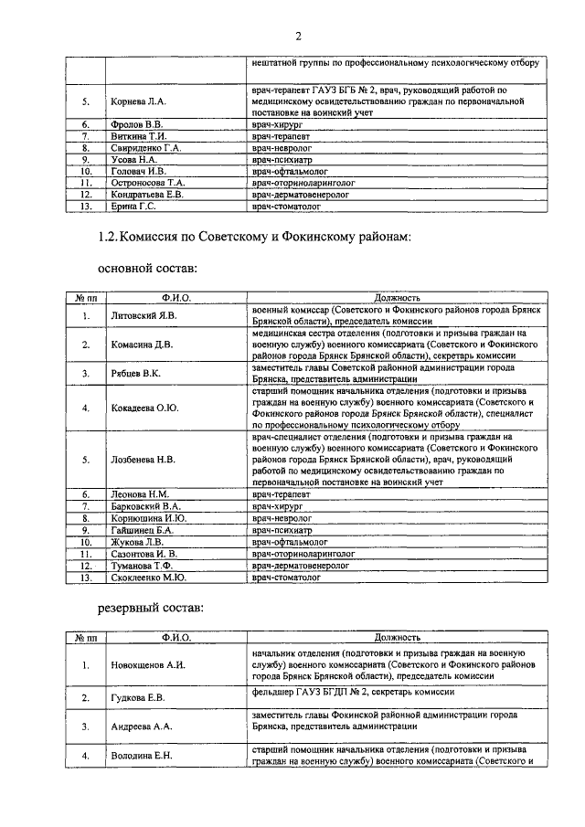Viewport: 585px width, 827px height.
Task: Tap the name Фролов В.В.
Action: [136, 123]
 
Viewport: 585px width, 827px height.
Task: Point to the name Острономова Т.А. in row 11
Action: [148, 182]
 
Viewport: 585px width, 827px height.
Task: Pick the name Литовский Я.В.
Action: [142, 316]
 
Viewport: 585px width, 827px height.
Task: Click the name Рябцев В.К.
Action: [135, 374]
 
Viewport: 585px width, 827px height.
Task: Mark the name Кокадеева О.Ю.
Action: [144, 408]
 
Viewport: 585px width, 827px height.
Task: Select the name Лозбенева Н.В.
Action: [143, 460]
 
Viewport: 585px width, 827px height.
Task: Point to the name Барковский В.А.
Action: [146, 505]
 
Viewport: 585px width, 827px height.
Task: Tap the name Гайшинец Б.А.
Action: [141, 529]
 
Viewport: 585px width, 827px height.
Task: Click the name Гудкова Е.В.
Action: [137, 699]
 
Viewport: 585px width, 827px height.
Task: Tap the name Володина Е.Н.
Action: [141, 757]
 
